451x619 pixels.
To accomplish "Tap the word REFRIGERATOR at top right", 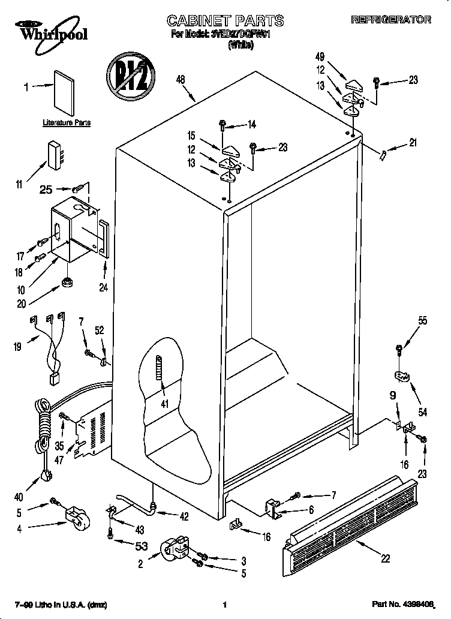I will pos(390,20).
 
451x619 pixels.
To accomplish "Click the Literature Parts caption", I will pos(67,122).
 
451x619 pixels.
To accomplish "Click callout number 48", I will pos(181,79).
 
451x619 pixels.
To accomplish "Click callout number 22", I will pos(385,558).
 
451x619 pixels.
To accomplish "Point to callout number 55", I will pos(423,321).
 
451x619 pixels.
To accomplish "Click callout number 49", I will pos(320,58).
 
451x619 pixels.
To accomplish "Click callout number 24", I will pos(103,287).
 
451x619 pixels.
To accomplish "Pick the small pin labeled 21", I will pos(381,155).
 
